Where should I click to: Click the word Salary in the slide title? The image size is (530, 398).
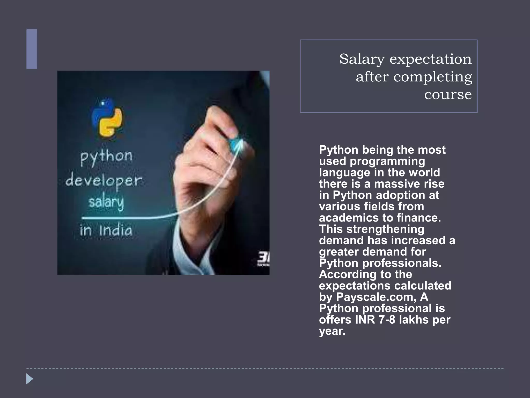tap(362, 59)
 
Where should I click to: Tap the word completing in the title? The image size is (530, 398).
tap(433, 77)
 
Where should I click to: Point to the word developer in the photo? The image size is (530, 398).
tap(104, 181)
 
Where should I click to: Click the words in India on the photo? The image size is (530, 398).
tap(106, 230)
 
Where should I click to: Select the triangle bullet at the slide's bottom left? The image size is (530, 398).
tap(30, 379)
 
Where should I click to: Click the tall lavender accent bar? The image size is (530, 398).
tap(32, 49)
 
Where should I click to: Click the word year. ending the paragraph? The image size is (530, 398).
tap(332, 331)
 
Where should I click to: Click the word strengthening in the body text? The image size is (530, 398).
tap(385, 229)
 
